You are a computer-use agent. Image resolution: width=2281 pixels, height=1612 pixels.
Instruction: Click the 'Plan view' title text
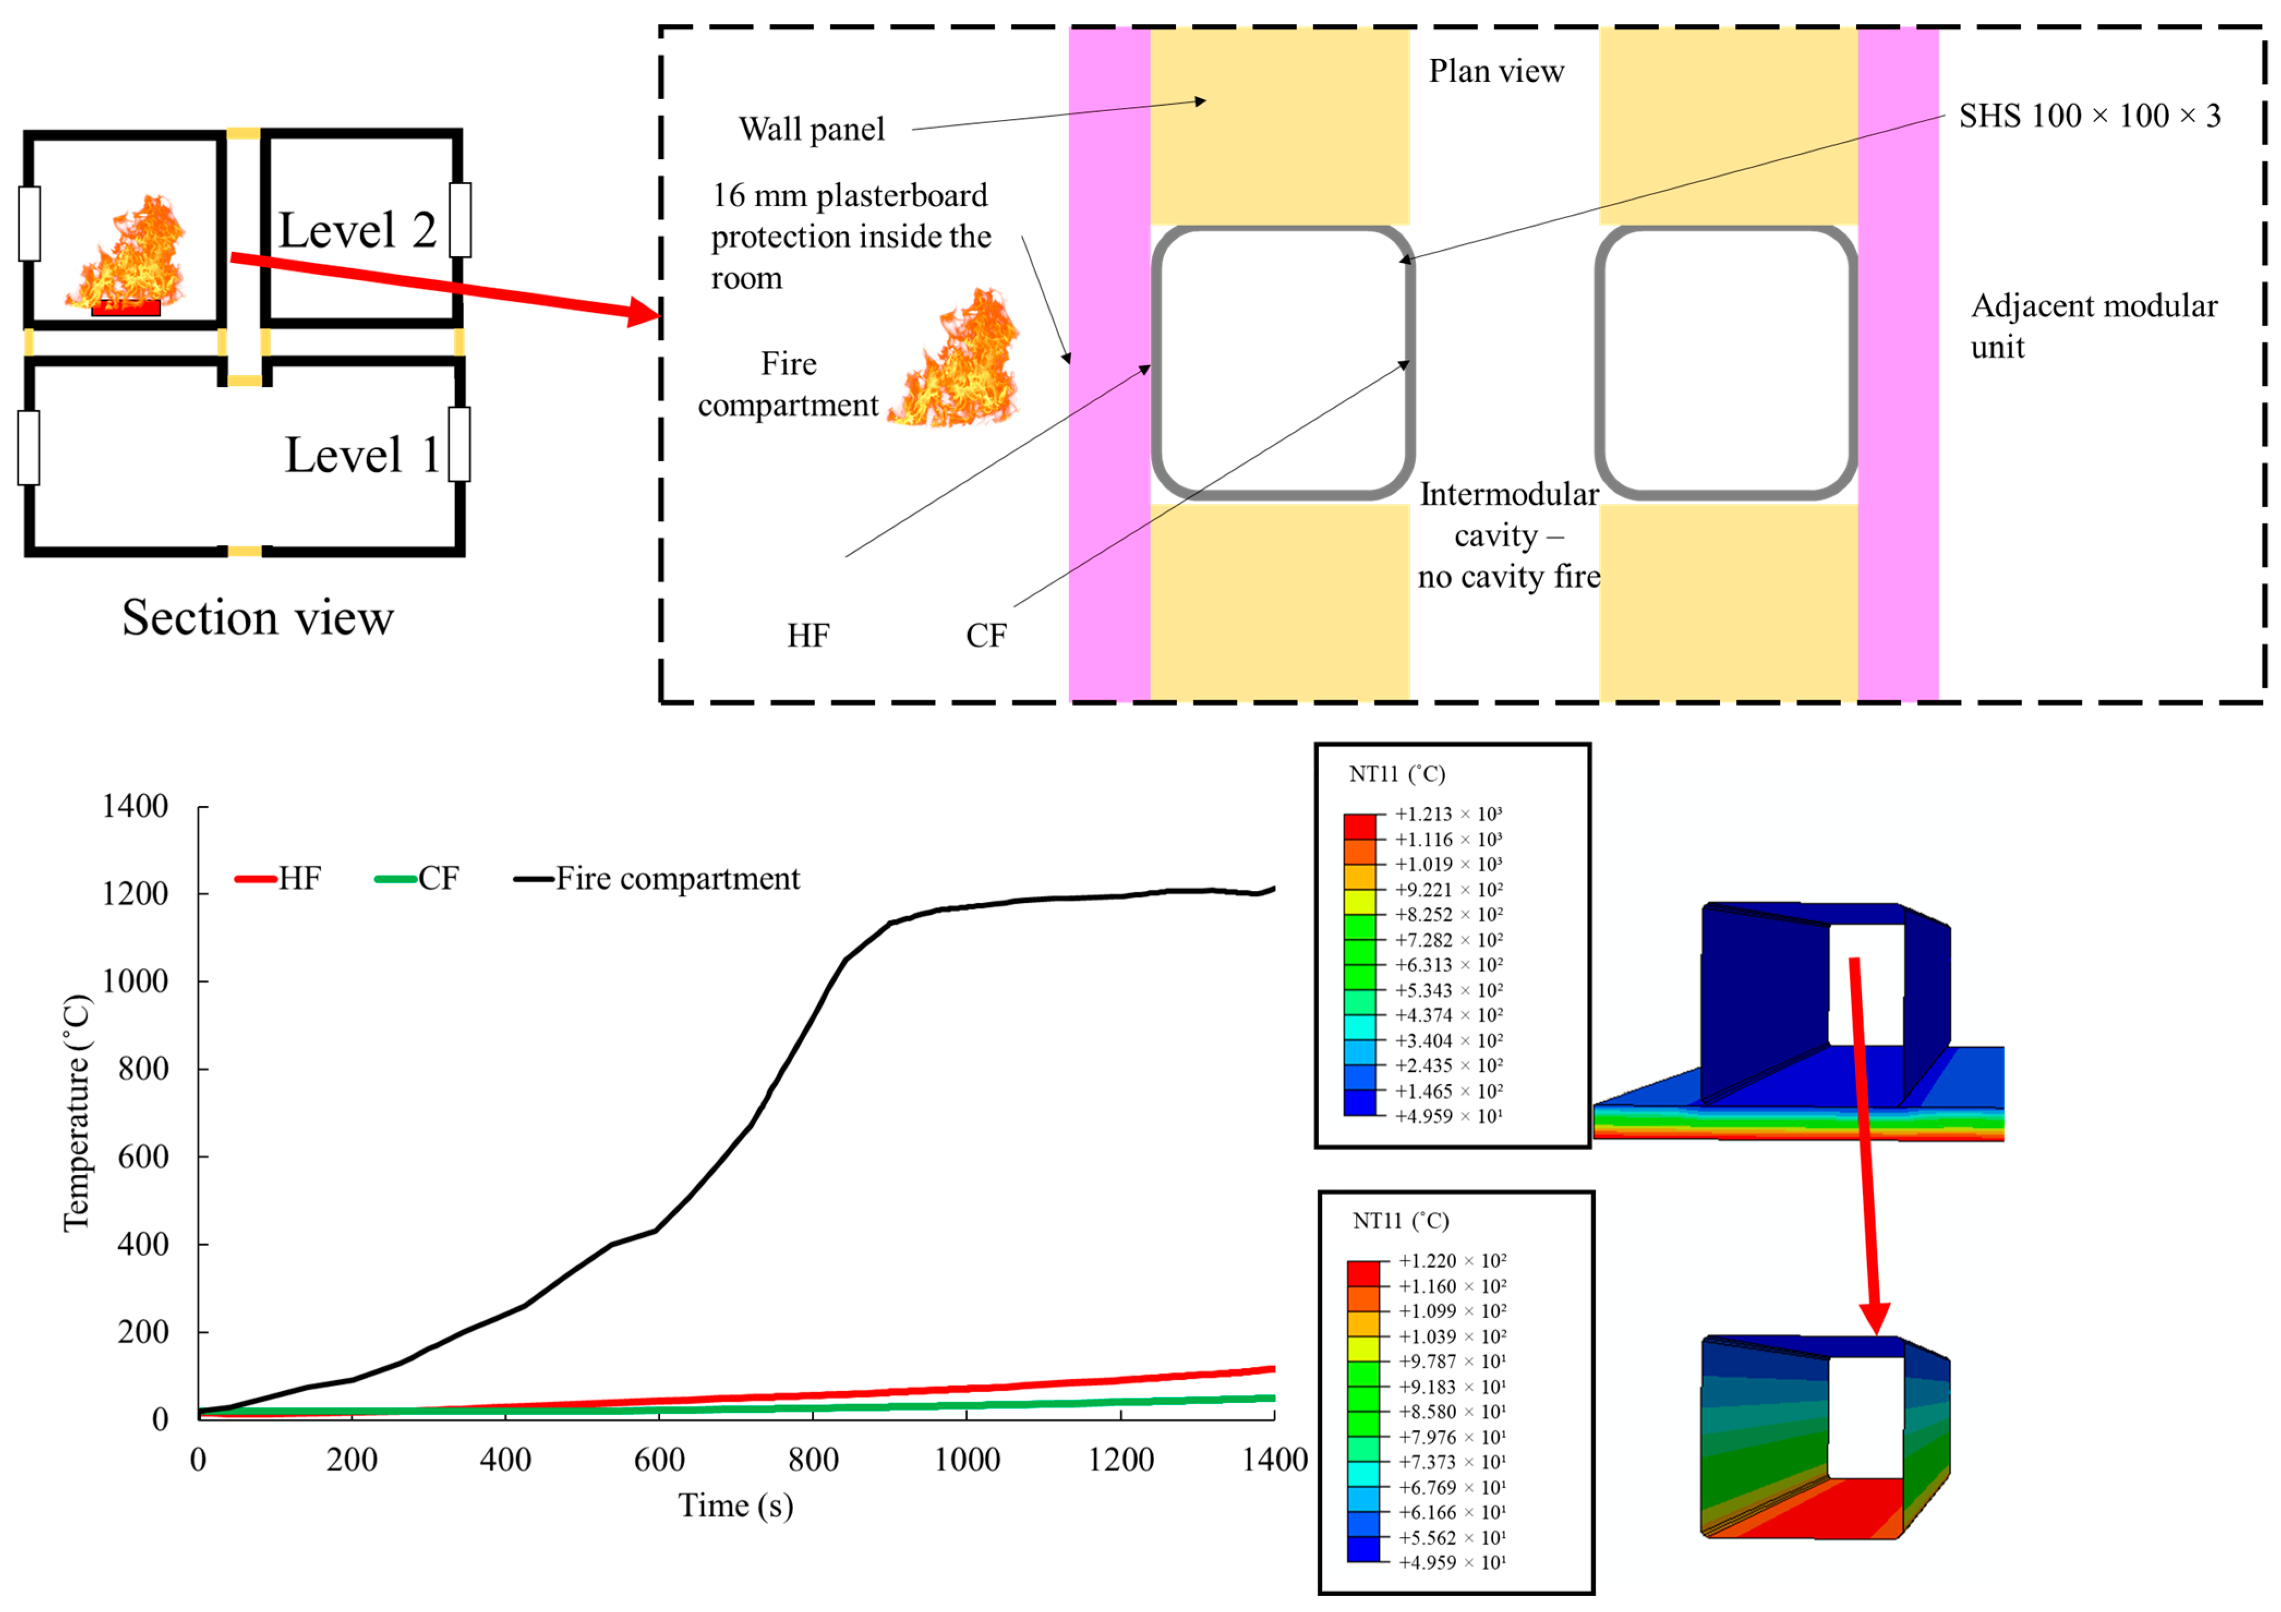tap(1495, 71)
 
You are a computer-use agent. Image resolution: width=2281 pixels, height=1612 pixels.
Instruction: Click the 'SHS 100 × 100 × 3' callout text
tap(2089, 116)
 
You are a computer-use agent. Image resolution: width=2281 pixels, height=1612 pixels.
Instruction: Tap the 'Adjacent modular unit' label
tap(2093, 326)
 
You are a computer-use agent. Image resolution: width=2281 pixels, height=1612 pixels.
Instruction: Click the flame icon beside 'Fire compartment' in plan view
tap(956, 360)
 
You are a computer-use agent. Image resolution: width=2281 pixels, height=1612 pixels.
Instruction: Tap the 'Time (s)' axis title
tap(735, 1506)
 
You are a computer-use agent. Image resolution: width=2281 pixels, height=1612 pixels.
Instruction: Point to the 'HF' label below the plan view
tap(808, 636)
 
